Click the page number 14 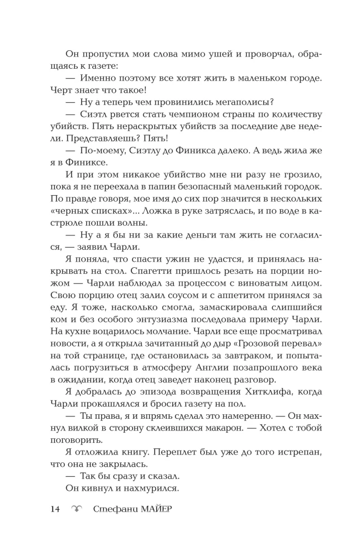tap(55, 509)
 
